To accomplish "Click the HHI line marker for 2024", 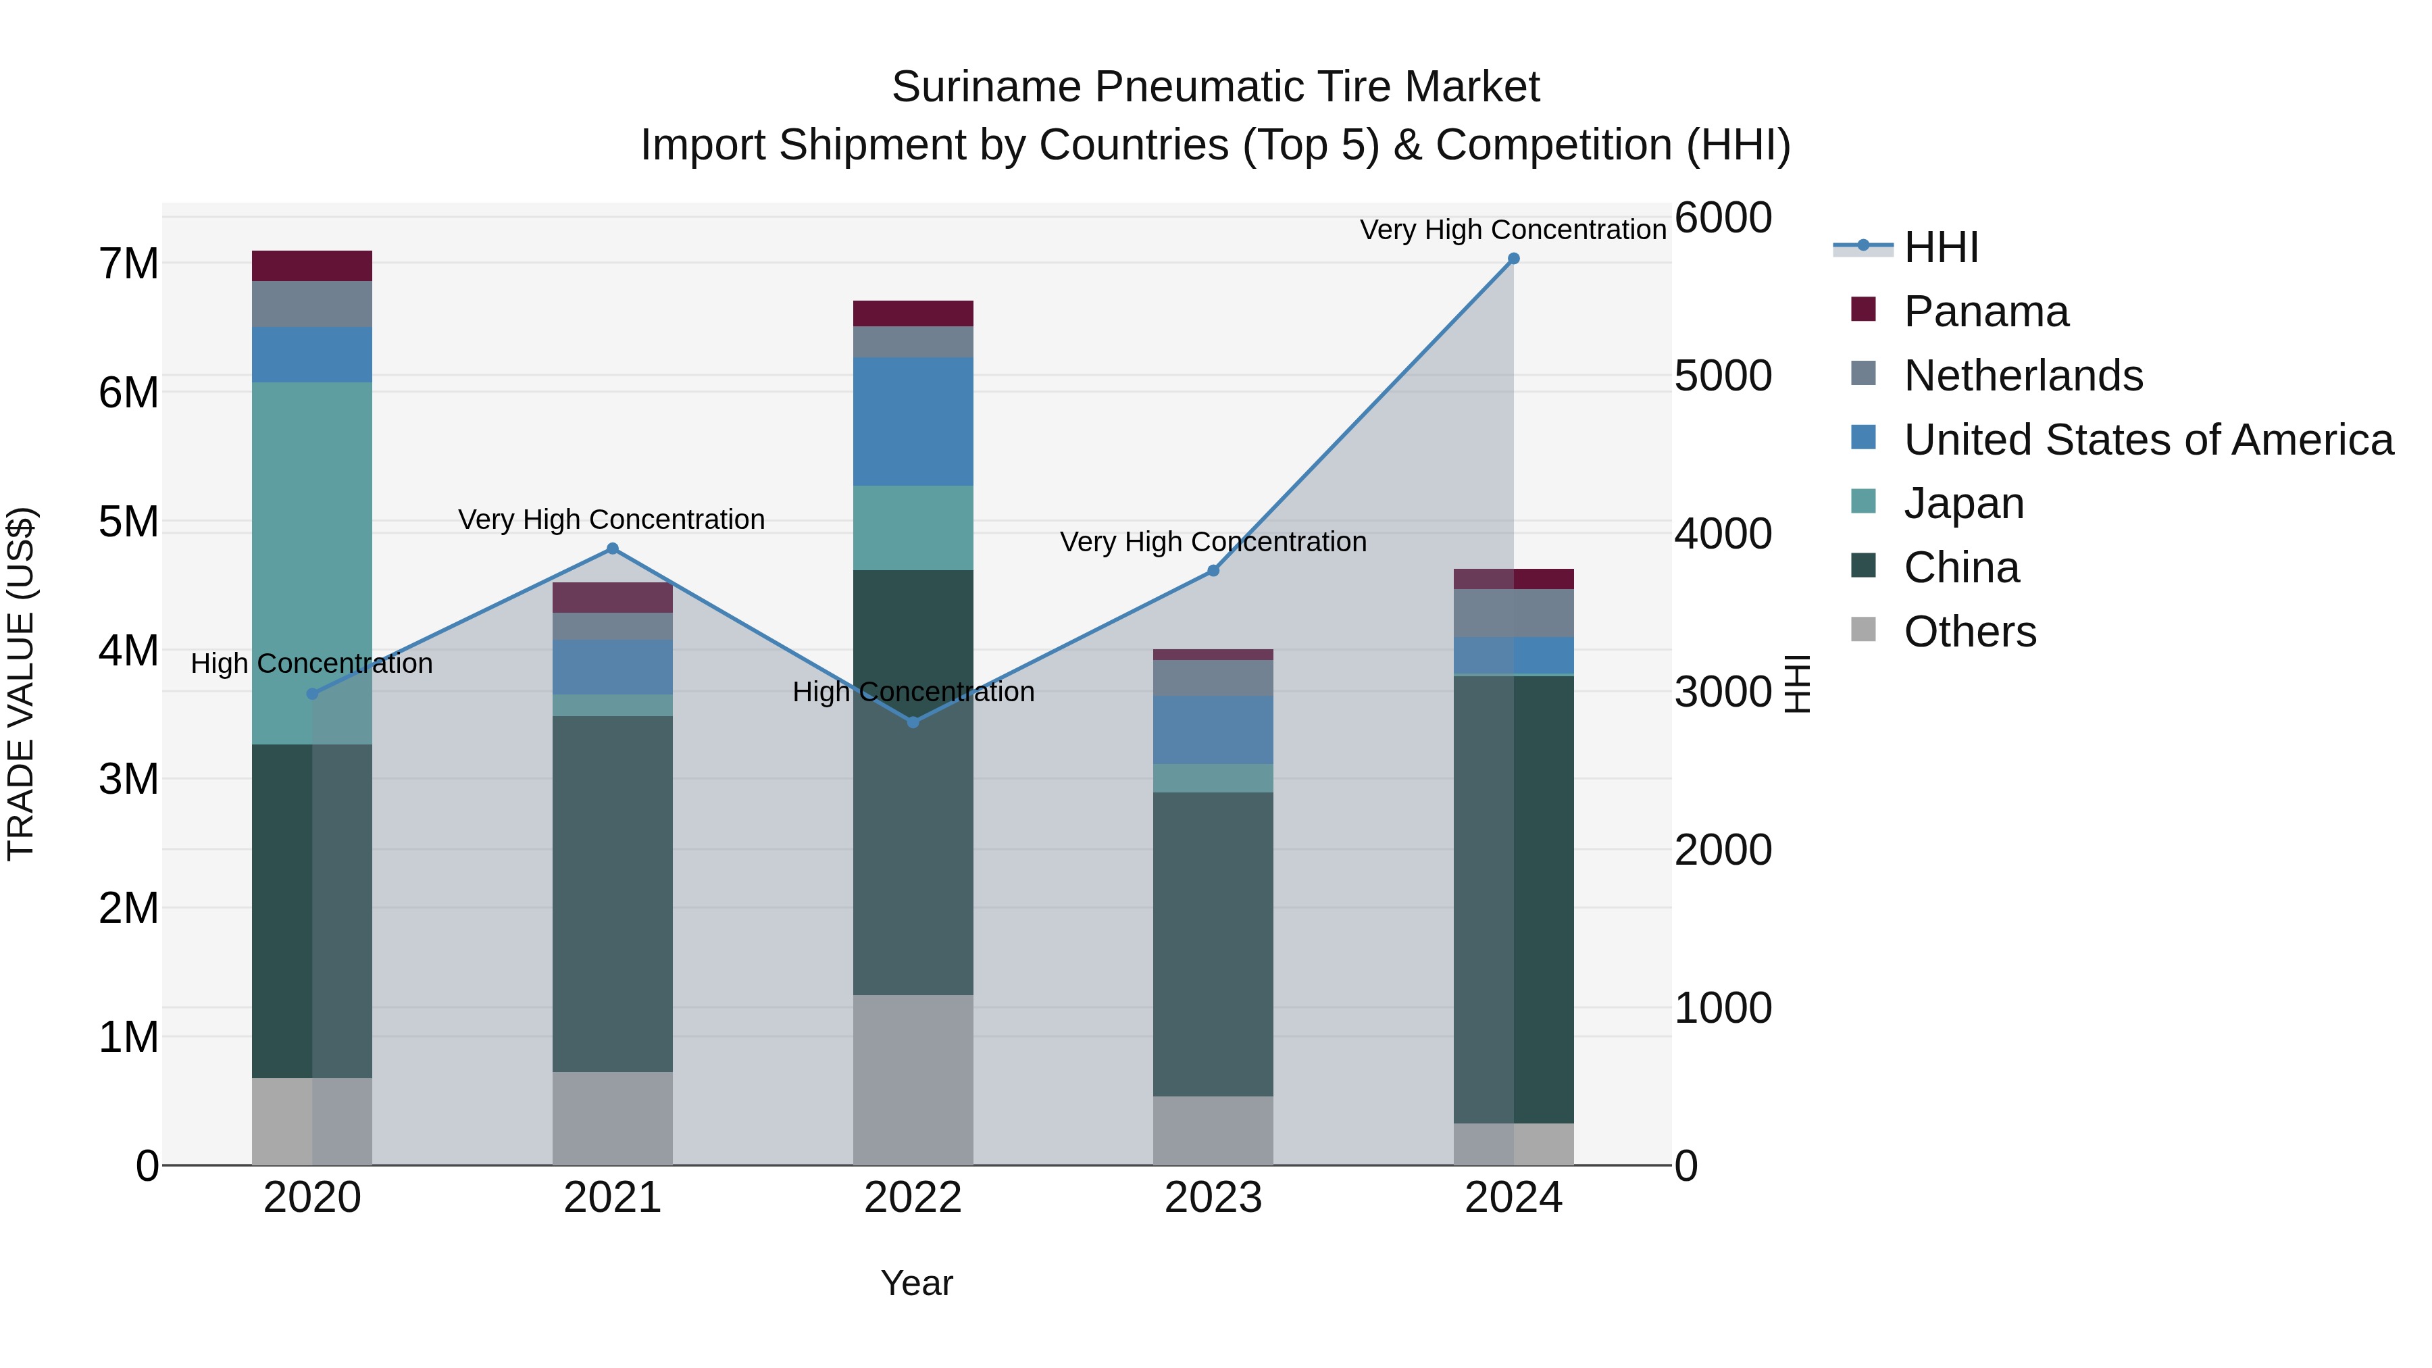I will point(1513,259).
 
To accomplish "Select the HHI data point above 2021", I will point(612,549).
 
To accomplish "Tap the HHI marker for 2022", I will point(913,722).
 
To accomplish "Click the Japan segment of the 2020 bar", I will point(311,563).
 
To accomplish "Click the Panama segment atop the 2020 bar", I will point(311,265).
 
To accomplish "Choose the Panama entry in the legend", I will point(1985,311).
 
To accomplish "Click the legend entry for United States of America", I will point(2148,440).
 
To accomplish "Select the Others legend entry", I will point(1969,632).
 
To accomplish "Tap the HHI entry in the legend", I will point(1940,247).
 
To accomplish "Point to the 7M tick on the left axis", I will point(129,263).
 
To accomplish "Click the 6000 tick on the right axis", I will point(1723,218).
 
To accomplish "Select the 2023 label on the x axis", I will point(1213,1198).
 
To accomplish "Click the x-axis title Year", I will point(916,1283).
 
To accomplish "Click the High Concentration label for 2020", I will point(311,663).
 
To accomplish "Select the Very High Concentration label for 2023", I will point(1213,542).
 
